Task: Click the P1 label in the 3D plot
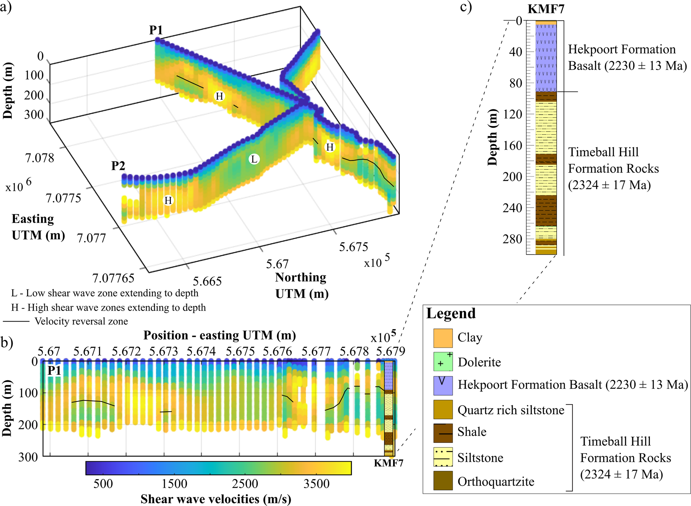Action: [156, 30]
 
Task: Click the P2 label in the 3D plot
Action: [118, 165]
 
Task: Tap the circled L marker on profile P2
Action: [254, 159]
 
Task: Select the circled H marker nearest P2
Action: [168, 200]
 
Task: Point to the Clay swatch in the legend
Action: [443, 338]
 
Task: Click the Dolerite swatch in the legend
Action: [443, 362]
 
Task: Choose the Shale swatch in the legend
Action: [443, 433]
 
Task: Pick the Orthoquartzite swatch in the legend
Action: [443, 481]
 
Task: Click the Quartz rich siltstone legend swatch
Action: [443, 409]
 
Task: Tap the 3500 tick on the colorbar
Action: [316, 484]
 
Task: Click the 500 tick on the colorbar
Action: [103, 484]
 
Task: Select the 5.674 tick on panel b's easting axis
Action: [201, 352]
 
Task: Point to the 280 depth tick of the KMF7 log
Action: [512, 239]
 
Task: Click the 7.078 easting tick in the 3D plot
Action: [39, 158]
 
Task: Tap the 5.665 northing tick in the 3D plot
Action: [207, 281]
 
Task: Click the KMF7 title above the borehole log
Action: [546, 9]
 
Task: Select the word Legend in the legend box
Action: [451, 313]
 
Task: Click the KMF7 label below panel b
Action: [388, 463]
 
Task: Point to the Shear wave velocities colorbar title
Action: [216, 499]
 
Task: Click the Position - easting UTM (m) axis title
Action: [220, 335]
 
